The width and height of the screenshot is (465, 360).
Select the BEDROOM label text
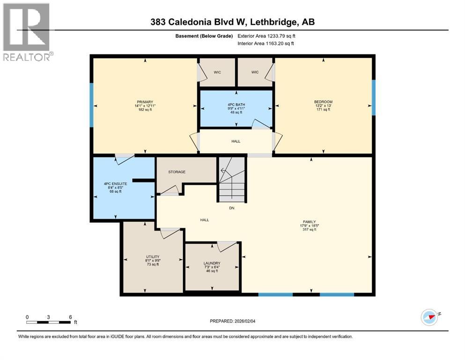click(x=323, y=102)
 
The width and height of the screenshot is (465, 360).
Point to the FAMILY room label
click(x=309, y=222)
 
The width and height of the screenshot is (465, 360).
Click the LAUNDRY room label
click(x=212, y=263)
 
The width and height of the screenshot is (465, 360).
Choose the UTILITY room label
click(x=153, y=256)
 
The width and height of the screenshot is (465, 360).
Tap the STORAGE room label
click(x=177, y=172)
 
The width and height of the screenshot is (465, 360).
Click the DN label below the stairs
click(x=231, y=208)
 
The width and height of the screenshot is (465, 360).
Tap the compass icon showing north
click(x=429, y=317)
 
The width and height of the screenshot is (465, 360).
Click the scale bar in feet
click(x=49, y=322)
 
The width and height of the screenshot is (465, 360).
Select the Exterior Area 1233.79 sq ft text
click(x=266, y=36)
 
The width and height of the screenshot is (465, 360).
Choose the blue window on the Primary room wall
click(x=92, y=105)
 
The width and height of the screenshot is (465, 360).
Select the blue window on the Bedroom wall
click(x=374, y=97)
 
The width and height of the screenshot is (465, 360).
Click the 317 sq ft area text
click(x=309, y=230)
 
